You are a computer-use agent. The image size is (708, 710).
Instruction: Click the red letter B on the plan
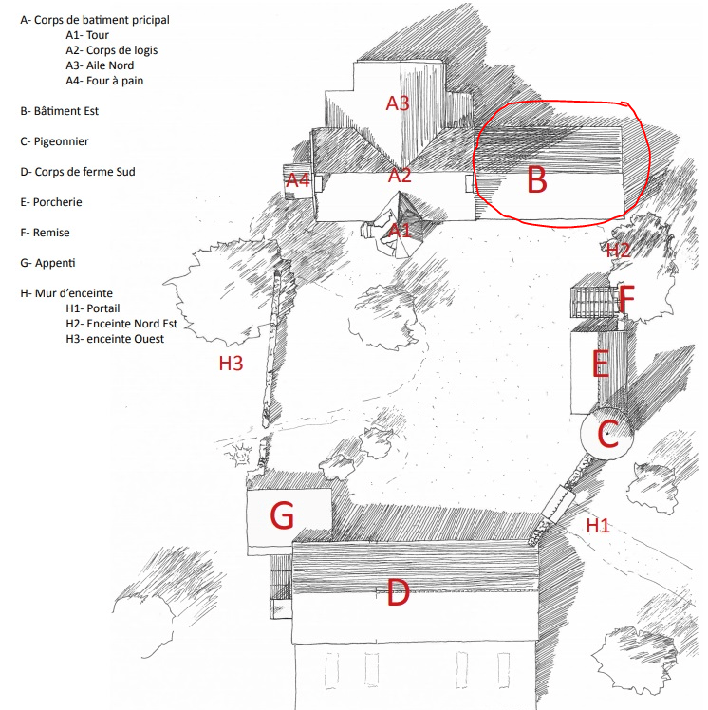537,179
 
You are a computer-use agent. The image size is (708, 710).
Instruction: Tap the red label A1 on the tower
400,229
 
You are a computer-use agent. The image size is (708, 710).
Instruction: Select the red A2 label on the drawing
400,175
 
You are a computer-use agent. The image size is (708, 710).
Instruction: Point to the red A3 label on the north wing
398,103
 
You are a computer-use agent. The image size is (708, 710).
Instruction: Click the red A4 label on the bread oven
298,179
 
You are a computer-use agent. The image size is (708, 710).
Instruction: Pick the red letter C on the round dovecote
607,435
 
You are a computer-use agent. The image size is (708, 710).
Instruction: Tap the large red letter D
397,594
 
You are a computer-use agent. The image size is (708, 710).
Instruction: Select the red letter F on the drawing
625,300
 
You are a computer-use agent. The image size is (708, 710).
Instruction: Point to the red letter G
282,515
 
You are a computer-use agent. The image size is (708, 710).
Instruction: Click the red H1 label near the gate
598,525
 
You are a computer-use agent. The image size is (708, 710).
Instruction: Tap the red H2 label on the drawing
619,251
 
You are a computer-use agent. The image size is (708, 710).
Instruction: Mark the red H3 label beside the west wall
231,363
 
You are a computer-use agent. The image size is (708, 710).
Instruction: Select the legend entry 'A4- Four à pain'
104,81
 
